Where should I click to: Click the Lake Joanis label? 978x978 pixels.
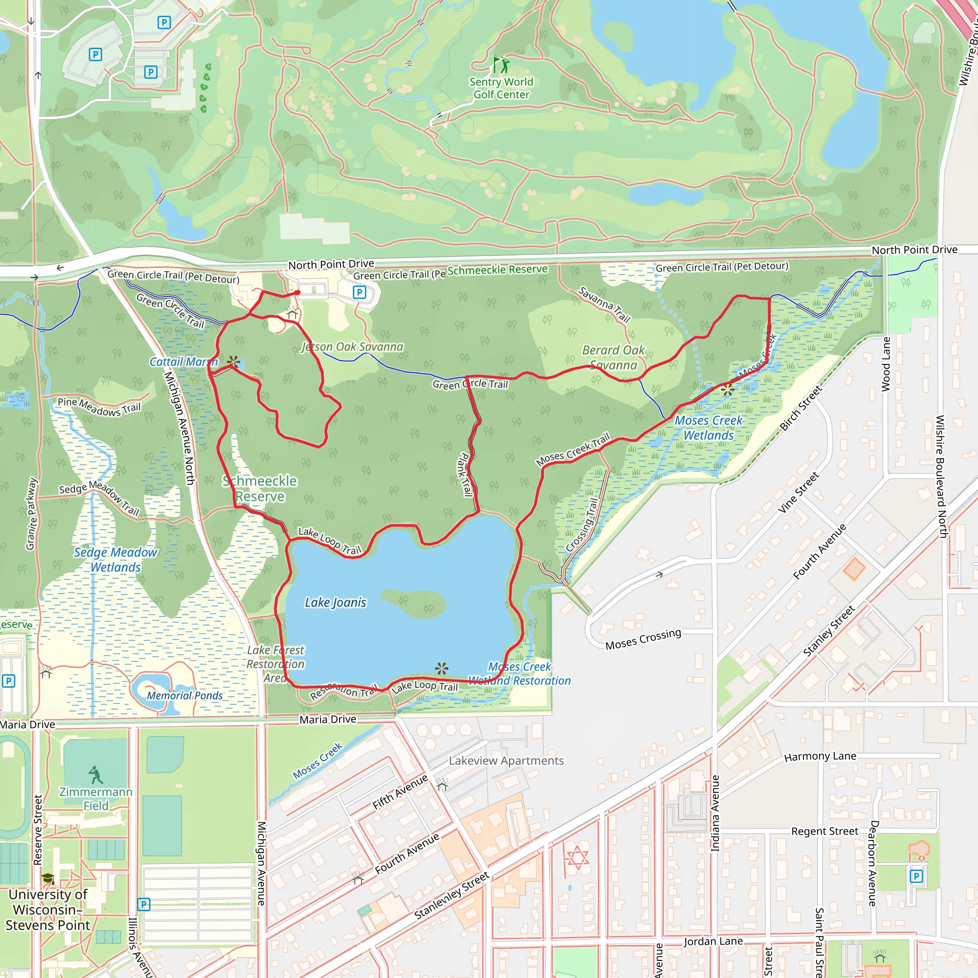(335, 602)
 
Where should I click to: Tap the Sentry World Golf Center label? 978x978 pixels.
(501, 88)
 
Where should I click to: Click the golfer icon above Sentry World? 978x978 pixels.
(501, 65)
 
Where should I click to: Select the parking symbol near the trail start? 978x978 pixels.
(360, 292)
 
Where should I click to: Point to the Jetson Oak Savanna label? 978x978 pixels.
(352, 347)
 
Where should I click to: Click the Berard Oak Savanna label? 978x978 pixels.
(614, 357)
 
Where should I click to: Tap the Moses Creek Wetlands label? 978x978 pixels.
(709, 428)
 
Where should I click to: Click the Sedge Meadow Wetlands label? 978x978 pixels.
(116, 560)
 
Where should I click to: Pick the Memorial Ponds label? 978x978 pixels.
(185, 695)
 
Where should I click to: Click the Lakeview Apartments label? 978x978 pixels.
(506, 761)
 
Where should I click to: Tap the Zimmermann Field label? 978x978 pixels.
(96, 798)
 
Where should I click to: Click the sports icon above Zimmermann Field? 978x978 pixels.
(95, 775)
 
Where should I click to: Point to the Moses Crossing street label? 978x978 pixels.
(643, 639)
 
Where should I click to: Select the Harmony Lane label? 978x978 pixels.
(820, 757)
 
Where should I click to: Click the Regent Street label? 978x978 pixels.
(825, 831)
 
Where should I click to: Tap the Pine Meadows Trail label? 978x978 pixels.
(99, 407)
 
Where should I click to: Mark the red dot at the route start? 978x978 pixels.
(298, 293)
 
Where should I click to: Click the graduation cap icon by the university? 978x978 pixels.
(48, 878)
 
